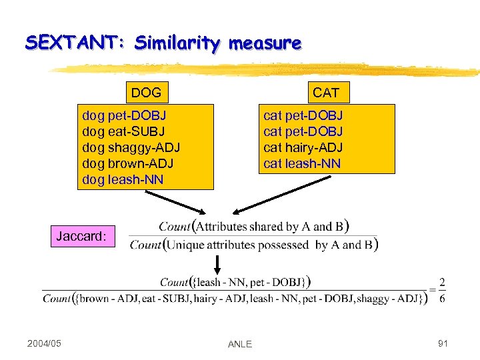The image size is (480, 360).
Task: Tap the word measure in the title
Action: pos(265,44)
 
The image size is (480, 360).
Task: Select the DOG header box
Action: pos(146,92)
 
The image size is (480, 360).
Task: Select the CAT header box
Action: pos(326,92)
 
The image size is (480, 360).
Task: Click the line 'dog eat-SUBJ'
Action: pos(123,131)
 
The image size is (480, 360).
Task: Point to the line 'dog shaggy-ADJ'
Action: pos(131,147)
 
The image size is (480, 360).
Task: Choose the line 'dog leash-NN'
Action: pos(123,179)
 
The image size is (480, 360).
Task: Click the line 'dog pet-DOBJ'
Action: pos(124,115)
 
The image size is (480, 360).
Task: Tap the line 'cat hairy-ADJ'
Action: pos(303,147)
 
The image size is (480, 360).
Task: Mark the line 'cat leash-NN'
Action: pos(302,163)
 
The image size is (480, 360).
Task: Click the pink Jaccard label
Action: pos(81,236)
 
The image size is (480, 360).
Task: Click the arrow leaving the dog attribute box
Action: pos(167,201)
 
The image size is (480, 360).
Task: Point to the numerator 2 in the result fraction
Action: pos(442,282)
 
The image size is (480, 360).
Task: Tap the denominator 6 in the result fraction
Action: pos(442,298)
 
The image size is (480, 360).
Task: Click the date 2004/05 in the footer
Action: pos(44,343)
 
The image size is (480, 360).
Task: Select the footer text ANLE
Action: pos(239,344)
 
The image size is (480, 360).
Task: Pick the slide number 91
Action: pos(442,343)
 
